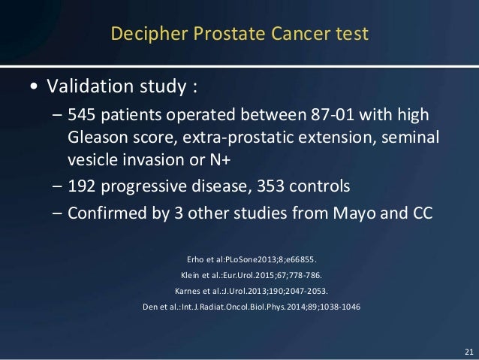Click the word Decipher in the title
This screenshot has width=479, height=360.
(x=140, y=34)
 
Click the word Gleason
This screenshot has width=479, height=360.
(x=95, y=139)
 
